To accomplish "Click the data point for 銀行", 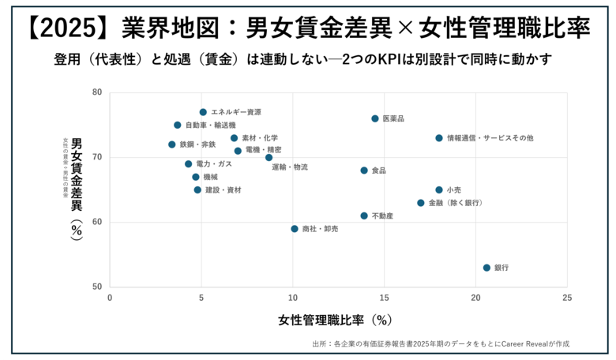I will [x=486, y=268].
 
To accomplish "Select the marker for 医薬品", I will [x=375, y=118].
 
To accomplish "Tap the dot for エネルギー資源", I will [x=203, y=112].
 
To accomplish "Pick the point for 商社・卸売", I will [x=295, y=229].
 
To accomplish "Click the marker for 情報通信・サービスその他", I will [x=439, y=138].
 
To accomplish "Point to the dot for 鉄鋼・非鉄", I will [x=172, y=144].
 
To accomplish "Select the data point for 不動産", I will [x=364, y=216].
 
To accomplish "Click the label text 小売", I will [x=454, y=190].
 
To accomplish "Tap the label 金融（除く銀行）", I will [x=455, y=203].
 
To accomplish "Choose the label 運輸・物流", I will [x=290, y=167].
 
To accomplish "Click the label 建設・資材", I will [x=223, y=190].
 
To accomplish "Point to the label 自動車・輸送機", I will [x=210, y=126].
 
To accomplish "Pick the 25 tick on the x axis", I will [x=566, y=298].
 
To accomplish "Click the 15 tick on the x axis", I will [x=384, y=298].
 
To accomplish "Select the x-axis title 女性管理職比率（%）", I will [x=335, y=321].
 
